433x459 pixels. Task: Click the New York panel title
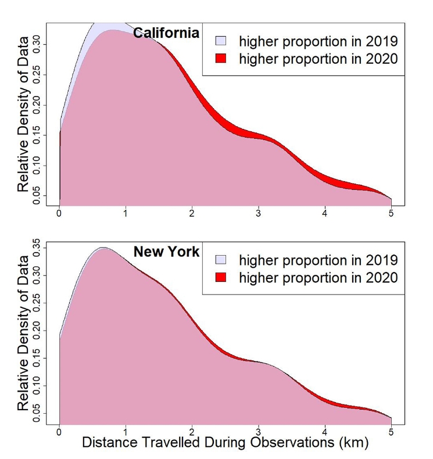coord(166,252)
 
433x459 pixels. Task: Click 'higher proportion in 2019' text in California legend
coord(318,41)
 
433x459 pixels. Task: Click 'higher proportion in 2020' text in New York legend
coord(318,277)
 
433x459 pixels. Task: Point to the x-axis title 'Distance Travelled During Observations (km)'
coord(226,443)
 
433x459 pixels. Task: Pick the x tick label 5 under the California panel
coord(391,214)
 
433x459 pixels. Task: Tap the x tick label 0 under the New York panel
coord(59,432)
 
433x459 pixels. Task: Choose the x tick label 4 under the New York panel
coord(325,432)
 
